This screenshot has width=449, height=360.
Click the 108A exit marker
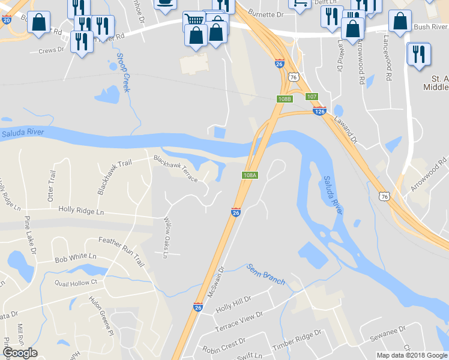point(250,175)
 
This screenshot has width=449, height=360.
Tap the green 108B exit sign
point(285,99)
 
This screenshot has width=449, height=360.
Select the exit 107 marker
point(312,97)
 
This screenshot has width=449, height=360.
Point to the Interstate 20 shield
point(7,19)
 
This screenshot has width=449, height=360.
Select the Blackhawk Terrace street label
point(175,169)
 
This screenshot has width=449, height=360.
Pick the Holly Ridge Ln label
point(81,211)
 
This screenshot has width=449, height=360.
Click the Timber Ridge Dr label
point(297,340)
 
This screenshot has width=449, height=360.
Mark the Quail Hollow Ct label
point(76,282)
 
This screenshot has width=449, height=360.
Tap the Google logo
point(20,353)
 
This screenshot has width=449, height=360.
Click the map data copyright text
point(412,355)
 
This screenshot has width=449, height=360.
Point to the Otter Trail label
point(51,184)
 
